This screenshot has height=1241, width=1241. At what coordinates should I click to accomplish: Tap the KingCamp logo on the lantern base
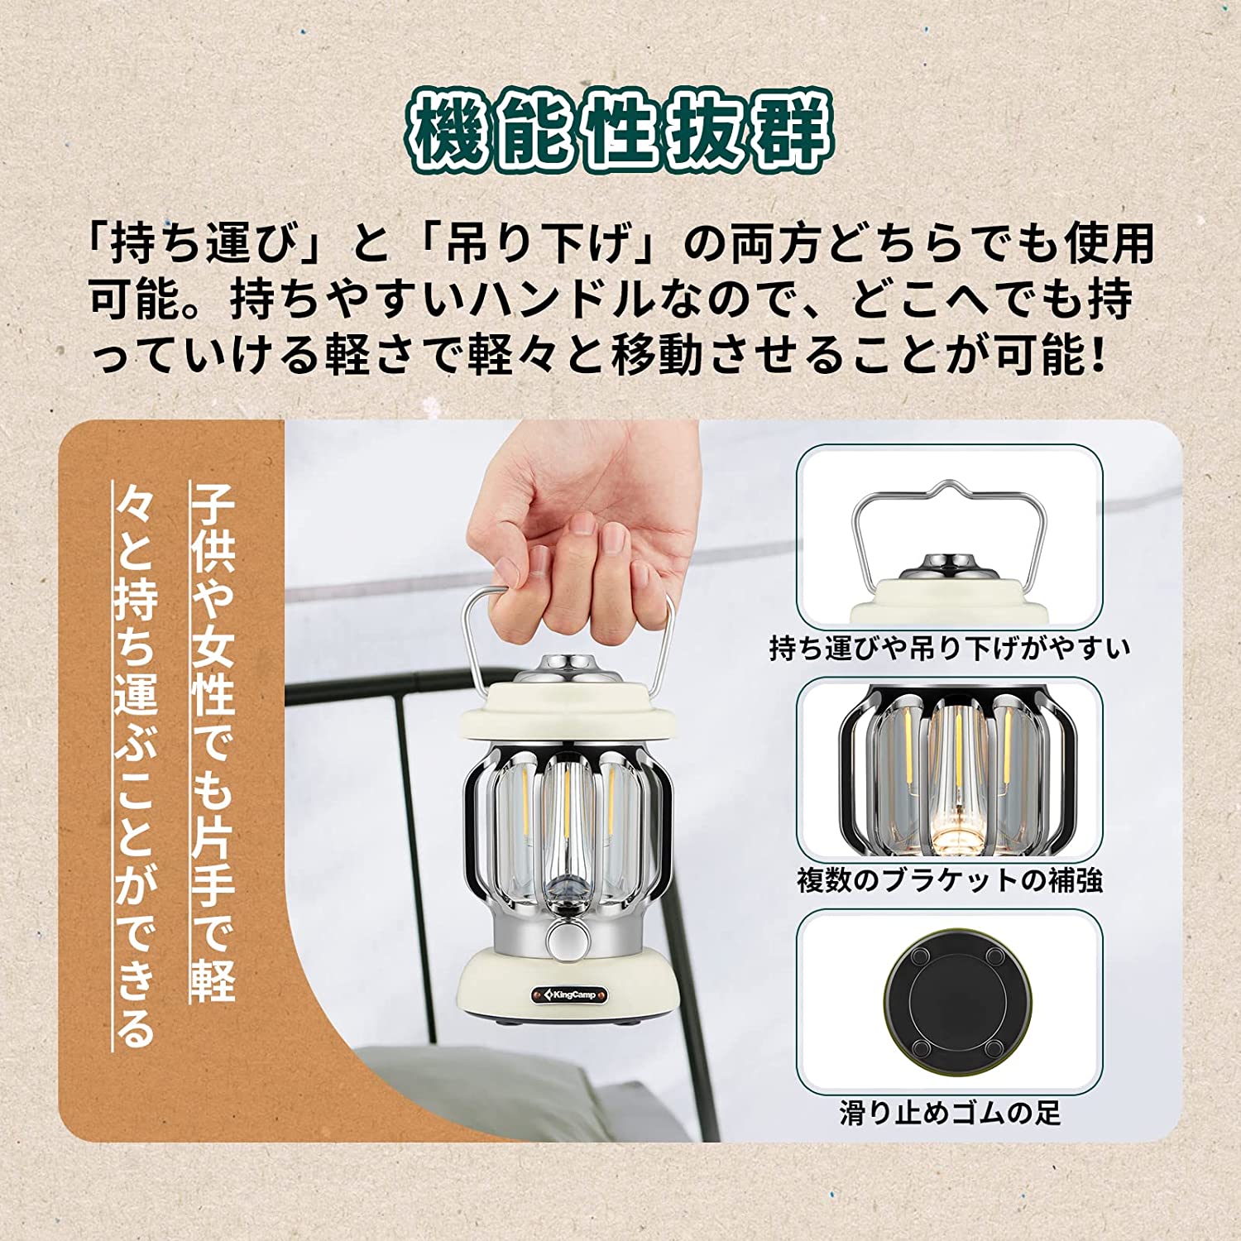[x=571, y=994]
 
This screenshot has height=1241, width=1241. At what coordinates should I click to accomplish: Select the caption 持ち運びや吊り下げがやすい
[x=949, y=648]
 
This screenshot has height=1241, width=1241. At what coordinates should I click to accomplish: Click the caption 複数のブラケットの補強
[x=949, y=879]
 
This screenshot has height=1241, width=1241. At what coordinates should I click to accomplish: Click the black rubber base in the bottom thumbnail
[x=950, y=1000]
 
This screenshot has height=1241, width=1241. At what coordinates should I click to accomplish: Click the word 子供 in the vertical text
[x=213, y=529]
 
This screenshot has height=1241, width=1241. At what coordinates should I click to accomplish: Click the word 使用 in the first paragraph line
[x=1109, y=244]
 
